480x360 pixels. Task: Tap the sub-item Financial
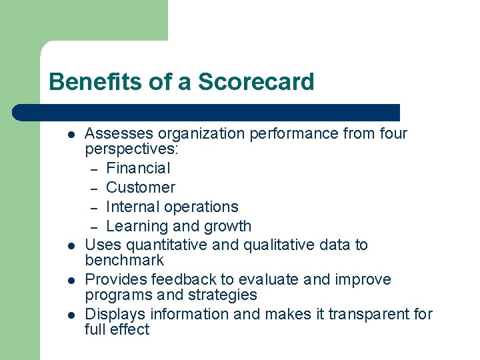(x=138, y=168)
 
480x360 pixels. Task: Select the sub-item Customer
(x=140, y=187)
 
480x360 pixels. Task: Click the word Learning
(x=136, y=226)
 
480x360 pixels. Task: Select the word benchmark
(x=125, y=260)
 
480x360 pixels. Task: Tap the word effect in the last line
(x=131, y=329)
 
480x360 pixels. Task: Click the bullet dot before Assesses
(x=70, y=134)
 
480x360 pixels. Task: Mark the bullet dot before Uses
(x=70, y=245)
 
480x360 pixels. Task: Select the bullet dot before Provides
(x=70, y=280)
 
